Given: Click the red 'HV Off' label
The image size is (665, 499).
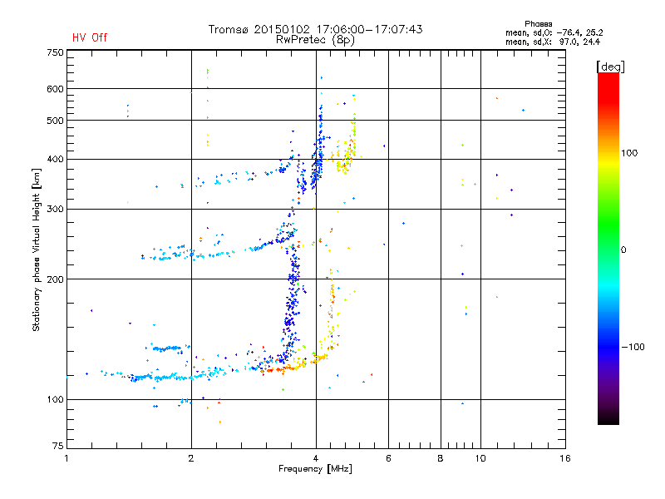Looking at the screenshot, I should point(89,37).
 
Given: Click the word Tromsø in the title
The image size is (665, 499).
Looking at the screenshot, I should point(228,29).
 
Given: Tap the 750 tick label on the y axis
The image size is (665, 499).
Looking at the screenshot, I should point(55,52).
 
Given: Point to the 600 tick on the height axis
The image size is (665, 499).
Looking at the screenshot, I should point(55,89).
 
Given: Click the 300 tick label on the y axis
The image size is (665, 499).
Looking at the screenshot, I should point(55,209).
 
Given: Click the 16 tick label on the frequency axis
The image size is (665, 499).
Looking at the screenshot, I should point(564,458).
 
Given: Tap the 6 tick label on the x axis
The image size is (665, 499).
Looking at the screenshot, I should point(387,458).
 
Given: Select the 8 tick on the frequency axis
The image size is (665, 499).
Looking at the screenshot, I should point(440,458).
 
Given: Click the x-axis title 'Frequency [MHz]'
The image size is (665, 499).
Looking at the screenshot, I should point(315,469).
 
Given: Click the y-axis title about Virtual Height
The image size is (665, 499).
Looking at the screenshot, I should point(37,249).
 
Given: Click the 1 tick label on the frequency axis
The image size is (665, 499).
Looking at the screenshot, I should point(66,458).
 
